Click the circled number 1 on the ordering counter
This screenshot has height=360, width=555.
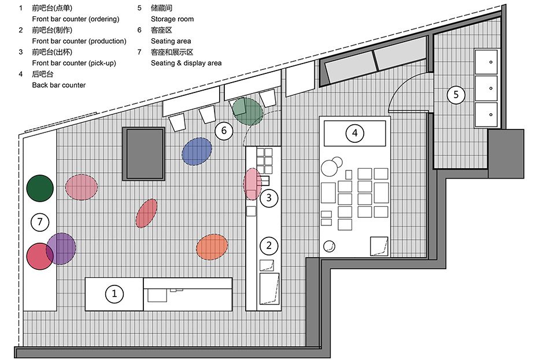coord(114,294)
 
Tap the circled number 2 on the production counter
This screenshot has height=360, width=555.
coord(269,246)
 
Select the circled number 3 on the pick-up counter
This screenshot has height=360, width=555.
coord(269,198)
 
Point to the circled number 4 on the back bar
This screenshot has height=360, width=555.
coord(354,133)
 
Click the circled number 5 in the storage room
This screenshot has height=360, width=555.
coord(456,94)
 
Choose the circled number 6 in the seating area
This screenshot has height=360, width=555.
coord(224,131)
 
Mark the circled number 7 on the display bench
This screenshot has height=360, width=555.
coord(40,222)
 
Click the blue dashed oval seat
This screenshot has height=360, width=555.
coord(197,151)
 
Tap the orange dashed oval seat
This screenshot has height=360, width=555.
coord(212,247)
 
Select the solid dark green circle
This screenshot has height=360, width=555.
coord(40,188)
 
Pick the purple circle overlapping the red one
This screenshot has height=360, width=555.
coord(61,248)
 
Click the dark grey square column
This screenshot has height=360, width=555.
coord(144,154)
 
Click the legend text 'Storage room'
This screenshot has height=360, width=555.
coord(172,19)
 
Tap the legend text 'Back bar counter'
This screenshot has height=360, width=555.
coord(59,85)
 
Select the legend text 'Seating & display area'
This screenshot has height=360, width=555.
coord(186,63)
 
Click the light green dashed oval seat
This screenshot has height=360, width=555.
coord(248,112)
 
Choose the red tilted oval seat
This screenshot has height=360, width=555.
coord(146,213)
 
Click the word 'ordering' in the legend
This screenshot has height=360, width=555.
coord(104,19)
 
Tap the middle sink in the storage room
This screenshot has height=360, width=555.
coord(486,88)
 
